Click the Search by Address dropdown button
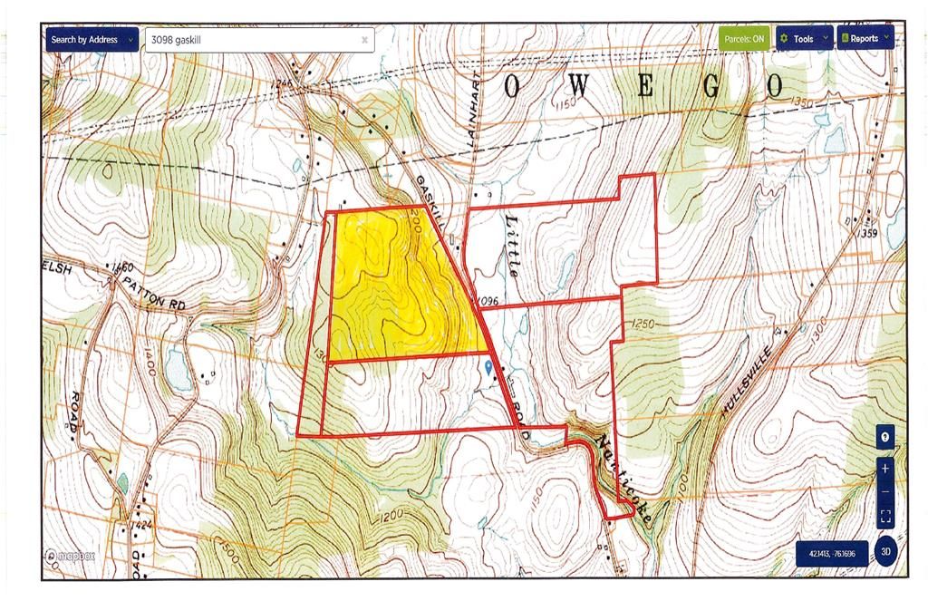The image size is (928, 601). [91, 40]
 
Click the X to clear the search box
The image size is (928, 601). [364, 40]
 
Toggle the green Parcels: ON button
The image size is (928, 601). [745, 39]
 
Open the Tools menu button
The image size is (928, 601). [804, 39]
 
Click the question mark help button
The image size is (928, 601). [885, 437]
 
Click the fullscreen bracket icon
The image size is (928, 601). [885, 517]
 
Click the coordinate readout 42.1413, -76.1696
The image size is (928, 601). [831, 553]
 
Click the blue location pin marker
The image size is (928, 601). [489, 366]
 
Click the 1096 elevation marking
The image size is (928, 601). [487, 300]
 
